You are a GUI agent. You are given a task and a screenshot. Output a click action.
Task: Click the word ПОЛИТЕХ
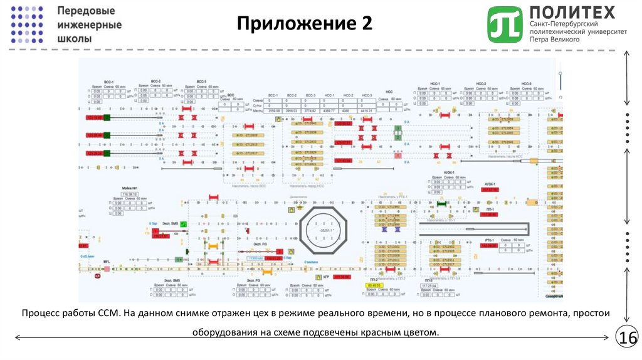point(572,13)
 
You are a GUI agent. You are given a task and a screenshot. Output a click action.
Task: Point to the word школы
point(74,39)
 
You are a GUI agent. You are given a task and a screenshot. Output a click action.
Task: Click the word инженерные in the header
point(89,25)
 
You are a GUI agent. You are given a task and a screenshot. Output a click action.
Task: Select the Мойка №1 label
point(130,188)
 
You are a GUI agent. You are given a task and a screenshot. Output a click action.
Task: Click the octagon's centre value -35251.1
point(324,231)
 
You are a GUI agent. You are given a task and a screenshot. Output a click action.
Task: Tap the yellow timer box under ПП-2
point(374,286)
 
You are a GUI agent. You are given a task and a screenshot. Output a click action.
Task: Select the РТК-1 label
point(489,240)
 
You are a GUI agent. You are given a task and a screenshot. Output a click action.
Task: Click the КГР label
point(326,276)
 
